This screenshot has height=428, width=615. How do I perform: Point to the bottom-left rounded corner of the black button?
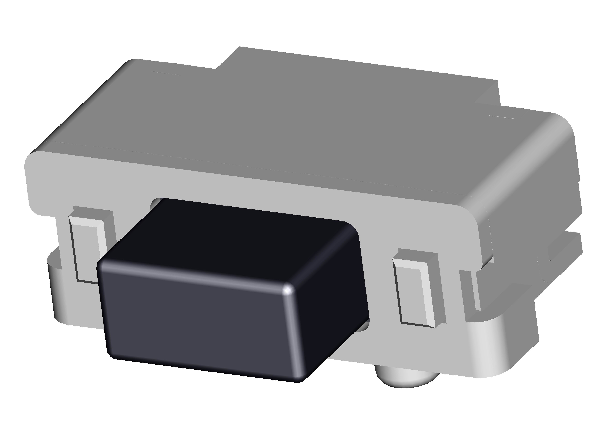pyautogui.click(x=113, y=354)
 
